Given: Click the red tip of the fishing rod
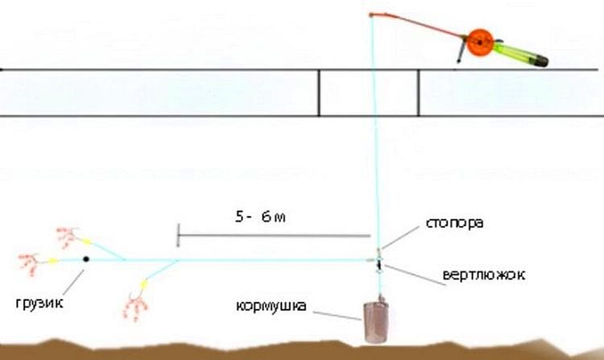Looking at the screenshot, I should pos(370,15).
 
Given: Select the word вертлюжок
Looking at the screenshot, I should pos(484,275).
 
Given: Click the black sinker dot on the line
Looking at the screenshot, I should pos(85,259).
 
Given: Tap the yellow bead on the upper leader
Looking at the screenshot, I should pos(87,241).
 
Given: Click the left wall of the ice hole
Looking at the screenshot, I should pos(319,93).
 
